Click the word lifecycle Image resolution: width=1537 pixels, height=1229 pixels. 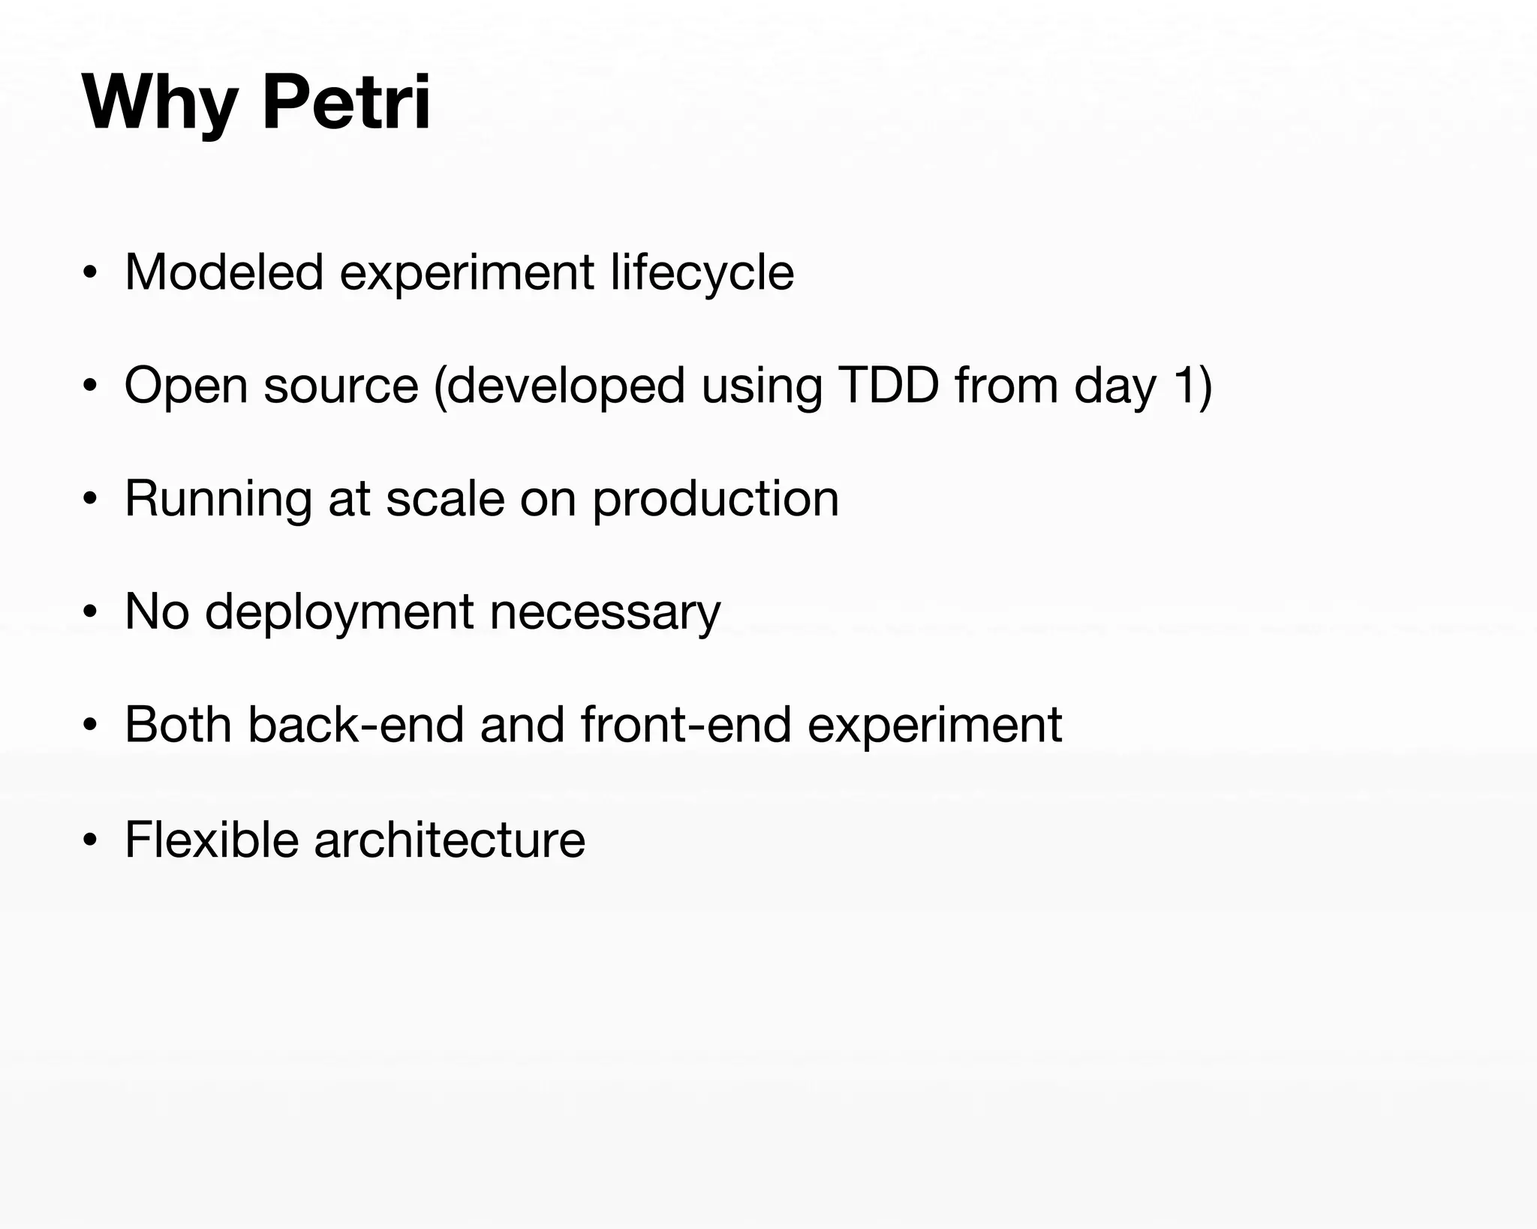point(702,273)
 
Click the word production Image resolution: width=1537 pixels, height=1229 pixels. point(715,500)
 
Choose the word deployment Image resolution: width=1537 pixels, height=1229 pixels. point(339,613)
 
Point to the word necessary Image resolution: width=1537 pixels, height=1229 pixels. point(605,613)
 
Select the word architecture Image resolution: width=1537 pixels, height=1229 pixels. point(450,839)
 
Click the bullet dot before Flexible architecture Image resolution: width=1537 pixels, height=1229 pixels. point(90,840)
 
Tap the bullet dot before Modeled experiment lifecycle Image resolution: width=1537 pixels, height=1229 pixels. point(90,274)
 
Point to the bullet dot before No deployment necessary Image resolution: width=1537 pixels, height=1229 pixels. point(90,613)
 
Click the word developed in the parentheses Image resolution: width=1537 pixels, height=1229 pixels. point(560,386)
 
